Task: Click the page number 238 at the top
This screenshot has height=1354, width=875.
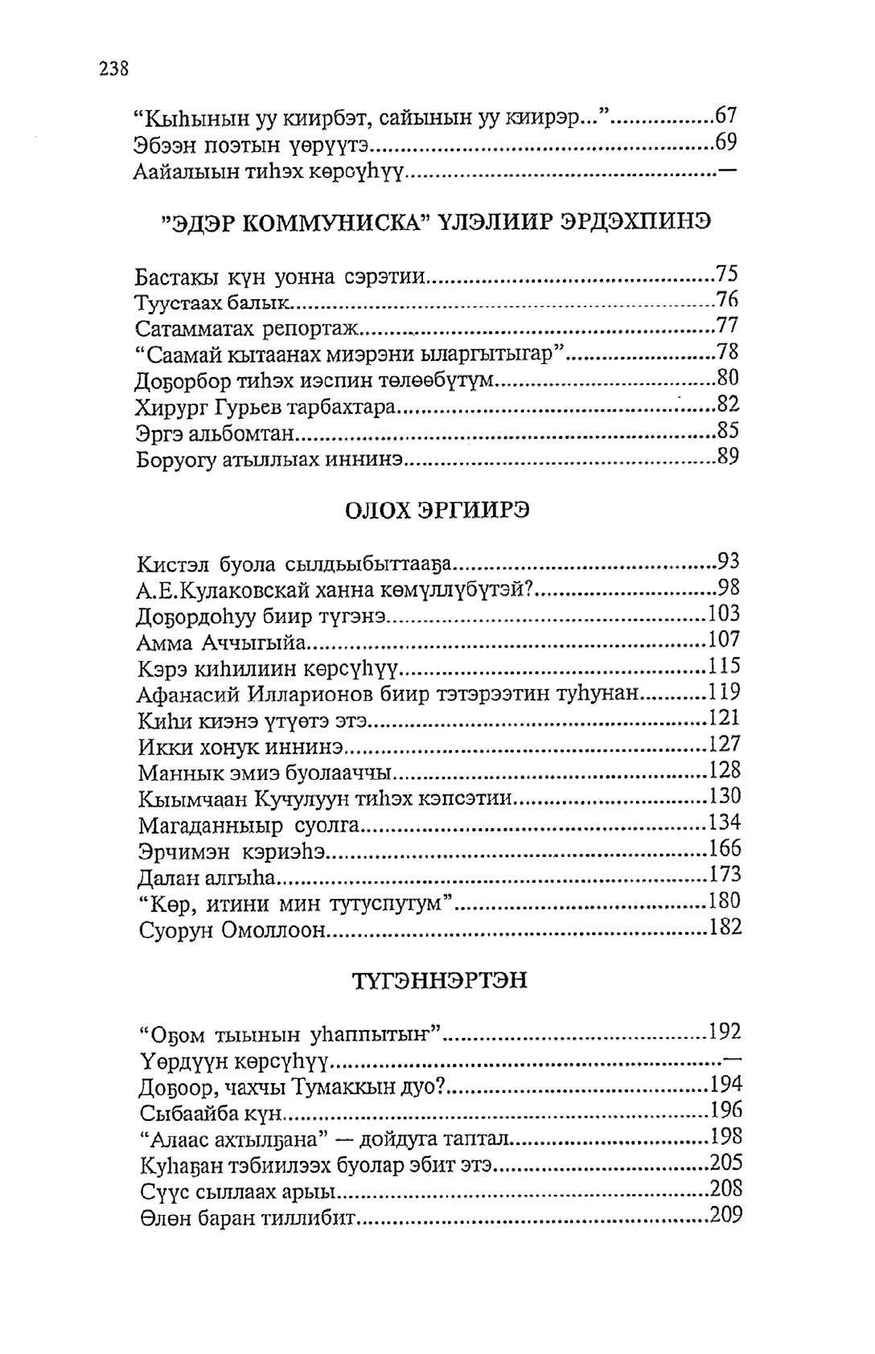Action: [x=114, y=68]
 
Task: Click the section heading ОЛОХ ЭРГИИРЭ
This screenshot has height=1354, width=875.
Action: [x=437, y=511]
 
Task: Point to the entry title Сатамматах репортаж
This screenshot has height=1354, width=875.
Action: [x=249, y=328]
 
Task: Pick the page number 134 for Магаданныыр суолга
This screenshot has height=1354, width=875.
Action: [x=725, y=823]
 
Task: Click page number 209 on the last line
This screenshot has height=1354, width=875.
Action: [x=725, y=1215]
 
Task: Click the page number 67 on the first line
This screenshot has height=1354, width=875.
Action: [x=725, y=116]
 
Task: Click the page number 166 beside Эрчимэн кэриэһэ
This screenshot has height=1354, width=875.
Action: [x=725, y=849]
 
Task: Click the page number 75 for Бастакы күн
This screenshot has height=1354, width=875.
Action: [x=727, y=274]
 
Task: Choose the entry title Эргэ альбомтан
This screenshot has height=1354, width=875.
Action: [x=216, y=434]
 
